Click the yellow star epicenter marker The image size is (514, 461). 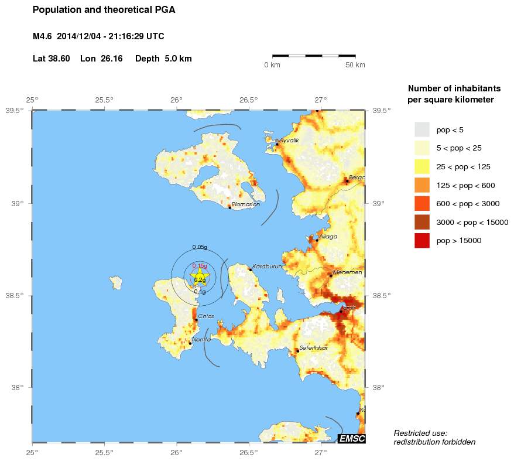pyautogui.click(x=200, y=277)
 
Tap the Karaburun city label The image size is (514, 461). pyautogui.click(x=268, y=267)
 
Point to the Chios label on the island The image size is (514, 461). pyautogui.click(x=206, y=316)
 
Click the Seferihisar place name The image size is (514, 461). pyautogui.click(x=314, y=348)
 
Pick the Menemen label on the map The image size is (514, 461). pyautogui.click(x=347, y=272)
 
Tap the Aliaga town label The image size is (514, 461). pyautogui.click(x=328, y=237)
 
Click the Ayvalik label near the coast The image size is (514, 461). pyautogui.click(x=289, y=141)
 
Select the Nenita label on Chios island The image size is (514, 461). pyautogui.click(x=201, y=340)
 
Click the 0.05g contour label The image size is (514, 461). pyautogui.click(x=200, y=247)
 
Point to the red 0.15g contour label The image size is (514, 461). pyautogui.click(x=200, y=266)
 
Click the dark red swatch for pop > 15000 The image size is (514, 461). pyautogui.click(x=422, y=241)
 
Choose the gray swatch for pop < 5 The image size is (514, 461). pyautogui.click(x=422, y=129)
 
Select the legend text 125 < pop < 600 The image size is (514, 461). pyautogui.click(x=466, y=185)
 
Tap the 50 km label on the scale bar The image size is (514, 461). pyautogui.click(x=355, y=65)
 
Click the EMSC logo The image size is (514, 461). pyautogui.click(x=352, y=438)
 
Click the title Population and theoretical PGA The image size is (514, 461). pyautogui.click(x=104, y=10)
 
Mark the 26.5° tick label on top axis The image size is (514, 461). pyautogui.click(x=248, y=100)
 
